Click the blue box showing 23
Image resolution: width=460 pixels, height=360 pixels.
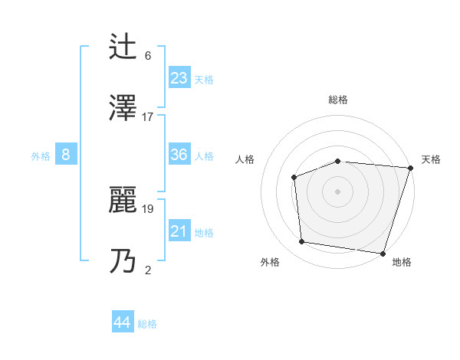(x=179, y=77)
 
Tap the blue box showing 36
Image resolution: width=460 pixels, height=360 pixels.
(x=179, y=155)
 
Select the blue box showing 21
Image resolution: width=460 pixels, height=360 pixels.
(x=179, y=231)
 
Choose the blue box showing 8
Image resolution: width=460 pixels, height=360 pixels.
(x=66, y=155)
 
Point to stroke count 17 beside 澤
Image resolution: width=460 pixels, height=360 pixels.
(x=148, y=117)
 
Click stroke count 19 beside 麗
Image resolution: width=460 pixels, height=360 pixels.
(x=148, y=208)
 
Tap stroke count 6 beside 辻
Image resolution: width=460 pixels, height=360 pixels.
(x=148, y=56)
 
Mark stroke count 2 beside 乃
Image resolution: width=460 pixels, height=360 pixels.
(x=148, y=270)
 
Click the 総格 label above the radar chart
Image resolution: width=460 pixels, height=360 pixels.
(x=338, y=100)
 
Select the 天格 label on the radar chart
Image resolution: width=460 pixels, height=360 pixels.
(x=431, y=159)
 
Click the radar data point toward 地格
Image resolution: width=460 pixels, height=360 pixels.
(x=383, y=253)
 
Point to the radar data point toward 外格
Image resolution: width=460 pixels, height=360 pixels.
(x=302, y=242)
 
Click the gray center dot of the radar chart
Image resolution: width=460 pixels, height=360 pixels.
(x=337, y=191)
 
